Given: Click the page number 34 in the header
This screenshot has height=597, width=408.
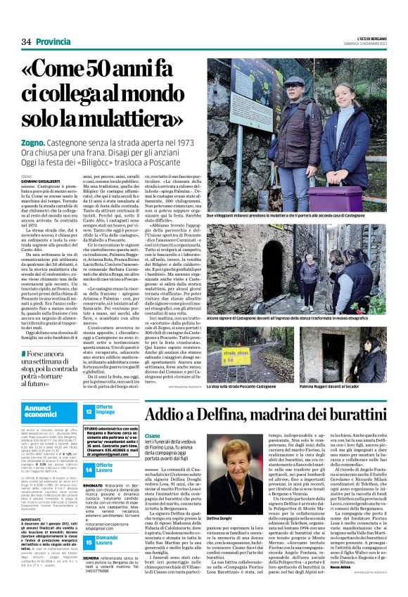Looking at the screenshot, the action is pyautogui.click(x=26, y=43).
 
